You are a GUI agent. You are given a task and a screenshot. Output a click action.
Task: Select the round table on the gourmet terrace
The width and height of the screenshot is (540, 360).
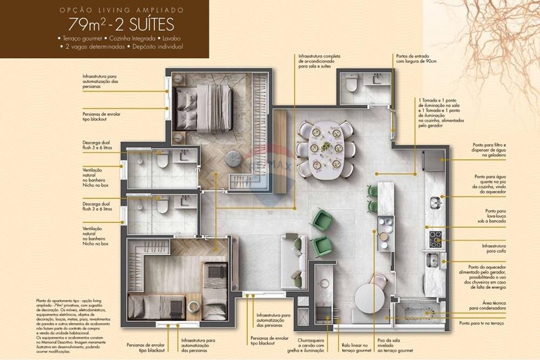(x=369, y=298)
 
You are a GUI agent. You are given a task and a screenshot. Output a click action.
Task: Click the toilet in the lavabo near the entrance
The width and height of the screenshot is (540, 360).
(x=352, y=84)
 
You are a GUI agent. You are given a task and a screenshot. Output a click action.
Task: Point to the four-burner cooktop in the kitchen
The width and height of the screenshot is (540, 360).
(x=435, y=239)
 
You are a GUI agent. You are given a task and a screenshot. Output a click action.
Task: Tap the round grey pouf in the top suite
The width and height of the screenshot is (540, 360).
(x=233, y=159)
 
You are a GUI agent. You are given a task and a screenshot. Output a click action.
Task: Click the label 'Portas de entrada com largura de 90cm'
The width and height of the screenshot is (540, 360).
(x=416, y=58)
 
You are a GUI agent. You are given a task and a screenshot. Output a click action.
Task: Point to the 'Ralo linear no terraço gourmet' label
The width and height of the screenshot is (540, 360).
(x=355, y=348)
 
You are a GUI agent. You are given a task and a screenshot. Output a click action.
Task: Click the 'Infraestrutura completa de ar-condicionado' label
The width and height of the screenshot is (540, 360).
(x=319, y=62)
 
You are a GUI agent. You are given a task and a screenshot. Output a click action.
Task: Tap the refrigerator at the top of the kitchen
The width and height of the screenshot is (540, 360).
(x=434, y=160)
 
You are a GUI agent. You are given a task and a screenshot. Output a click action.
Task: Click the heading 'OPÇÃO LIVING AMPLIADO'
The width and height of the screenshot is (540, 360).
(x=121, y=10)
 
